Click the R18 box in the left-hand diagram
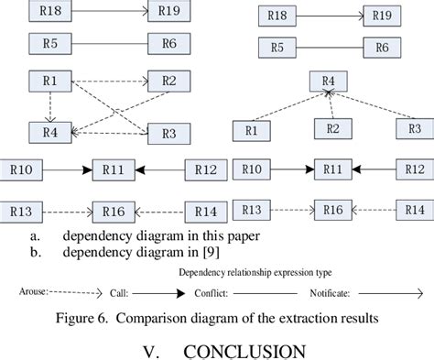coord(50,12)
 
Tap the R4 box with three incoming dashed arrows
coord(329,81)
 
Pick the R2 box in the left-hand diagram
coord(168,81)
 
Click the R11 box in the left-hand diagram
coord(114,169)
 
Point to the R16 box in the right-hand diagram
coord(335,211)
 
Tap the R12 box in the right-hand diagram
coord(415,169)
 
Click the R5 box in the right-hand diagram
coord(277,48)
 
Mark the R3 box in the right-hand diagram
coord(414,128)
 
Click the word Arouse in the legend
coord(33,294)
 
